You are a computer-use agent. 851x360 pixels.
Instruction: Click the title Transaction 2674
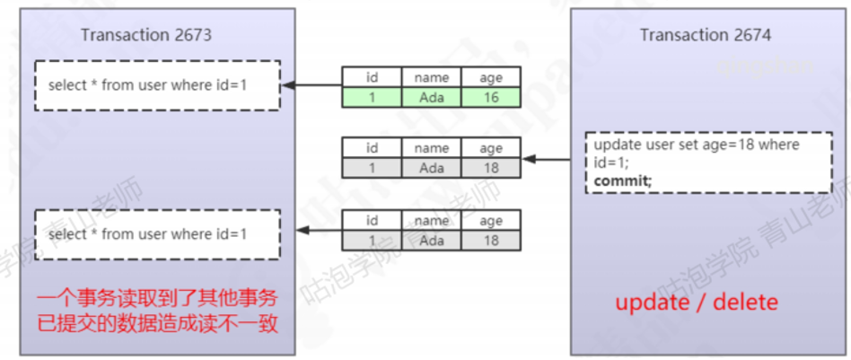[x=705, y=35]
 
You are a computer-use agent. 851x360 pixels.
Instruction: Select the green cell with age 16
[x=491, y=97]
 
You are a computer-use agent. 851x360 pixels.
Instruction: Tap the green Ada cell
[x=432, y=97]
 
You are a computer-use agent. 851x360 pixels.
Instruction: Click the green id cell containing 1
[x=372, y=97]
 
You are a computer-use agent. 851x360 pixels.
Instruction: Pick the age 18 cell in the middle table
[x=491, y=167]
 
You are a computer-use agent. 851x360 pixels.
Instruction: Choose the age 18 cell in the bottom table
[x=491, y=240]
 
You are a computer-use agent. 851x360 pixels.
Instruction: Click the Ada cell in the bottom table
[x=432, y=240]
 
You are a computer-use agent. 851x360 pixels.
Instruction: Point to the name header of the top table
[x=432, y=78]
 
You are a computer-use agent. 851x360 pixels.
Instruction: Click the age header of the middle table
[x=491, y=148]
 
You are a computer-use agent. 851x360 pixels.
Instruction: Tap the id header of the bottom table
[x=372, y=221]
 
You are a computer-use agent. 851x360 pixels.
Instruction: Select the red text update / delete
[x=696, y=303]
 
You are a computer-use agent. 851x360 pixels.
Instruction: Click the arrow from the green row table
[x=311, y=86]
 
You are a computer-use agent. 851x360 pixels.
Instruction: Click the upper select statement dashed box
[x=157, y=85]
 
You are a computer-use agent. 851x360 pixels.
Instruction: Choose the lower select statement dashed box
[x=157, y=234]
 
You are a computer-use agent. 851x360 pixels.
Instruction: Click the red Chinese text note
[x=158, y=311]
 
